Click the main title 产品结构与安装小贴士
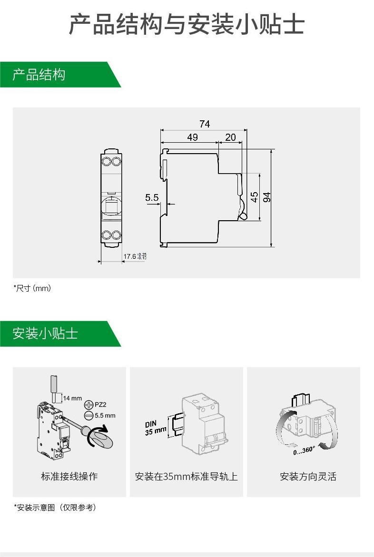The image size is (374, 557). click(187, 24)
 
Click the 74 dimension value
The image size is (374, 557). click(204, 124)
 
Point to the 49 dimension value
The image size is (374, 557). click(192, 137)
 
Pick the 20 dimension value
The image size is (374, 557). click(230, 137)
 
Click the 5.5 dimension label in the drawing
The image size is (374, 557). click(152, 197)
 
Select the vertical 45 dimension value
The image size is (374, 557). click(255, 197)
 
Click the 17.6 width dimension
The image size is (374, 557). click(130, 256)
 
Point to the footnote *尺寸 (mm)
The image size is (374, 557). click(32, 288)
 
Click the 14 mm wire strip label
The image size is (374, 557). click(72, 398)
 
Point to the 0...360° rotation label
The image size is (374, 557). click(304, 450)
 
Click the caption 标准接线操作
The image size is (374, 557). click(69, 476)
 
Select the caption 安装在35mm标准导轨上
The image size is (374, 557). click(186, 476)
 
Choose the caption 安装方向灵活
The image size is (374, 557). click(303, 476)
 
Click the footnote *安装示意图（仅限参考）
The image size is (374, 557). click(55, 508)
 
